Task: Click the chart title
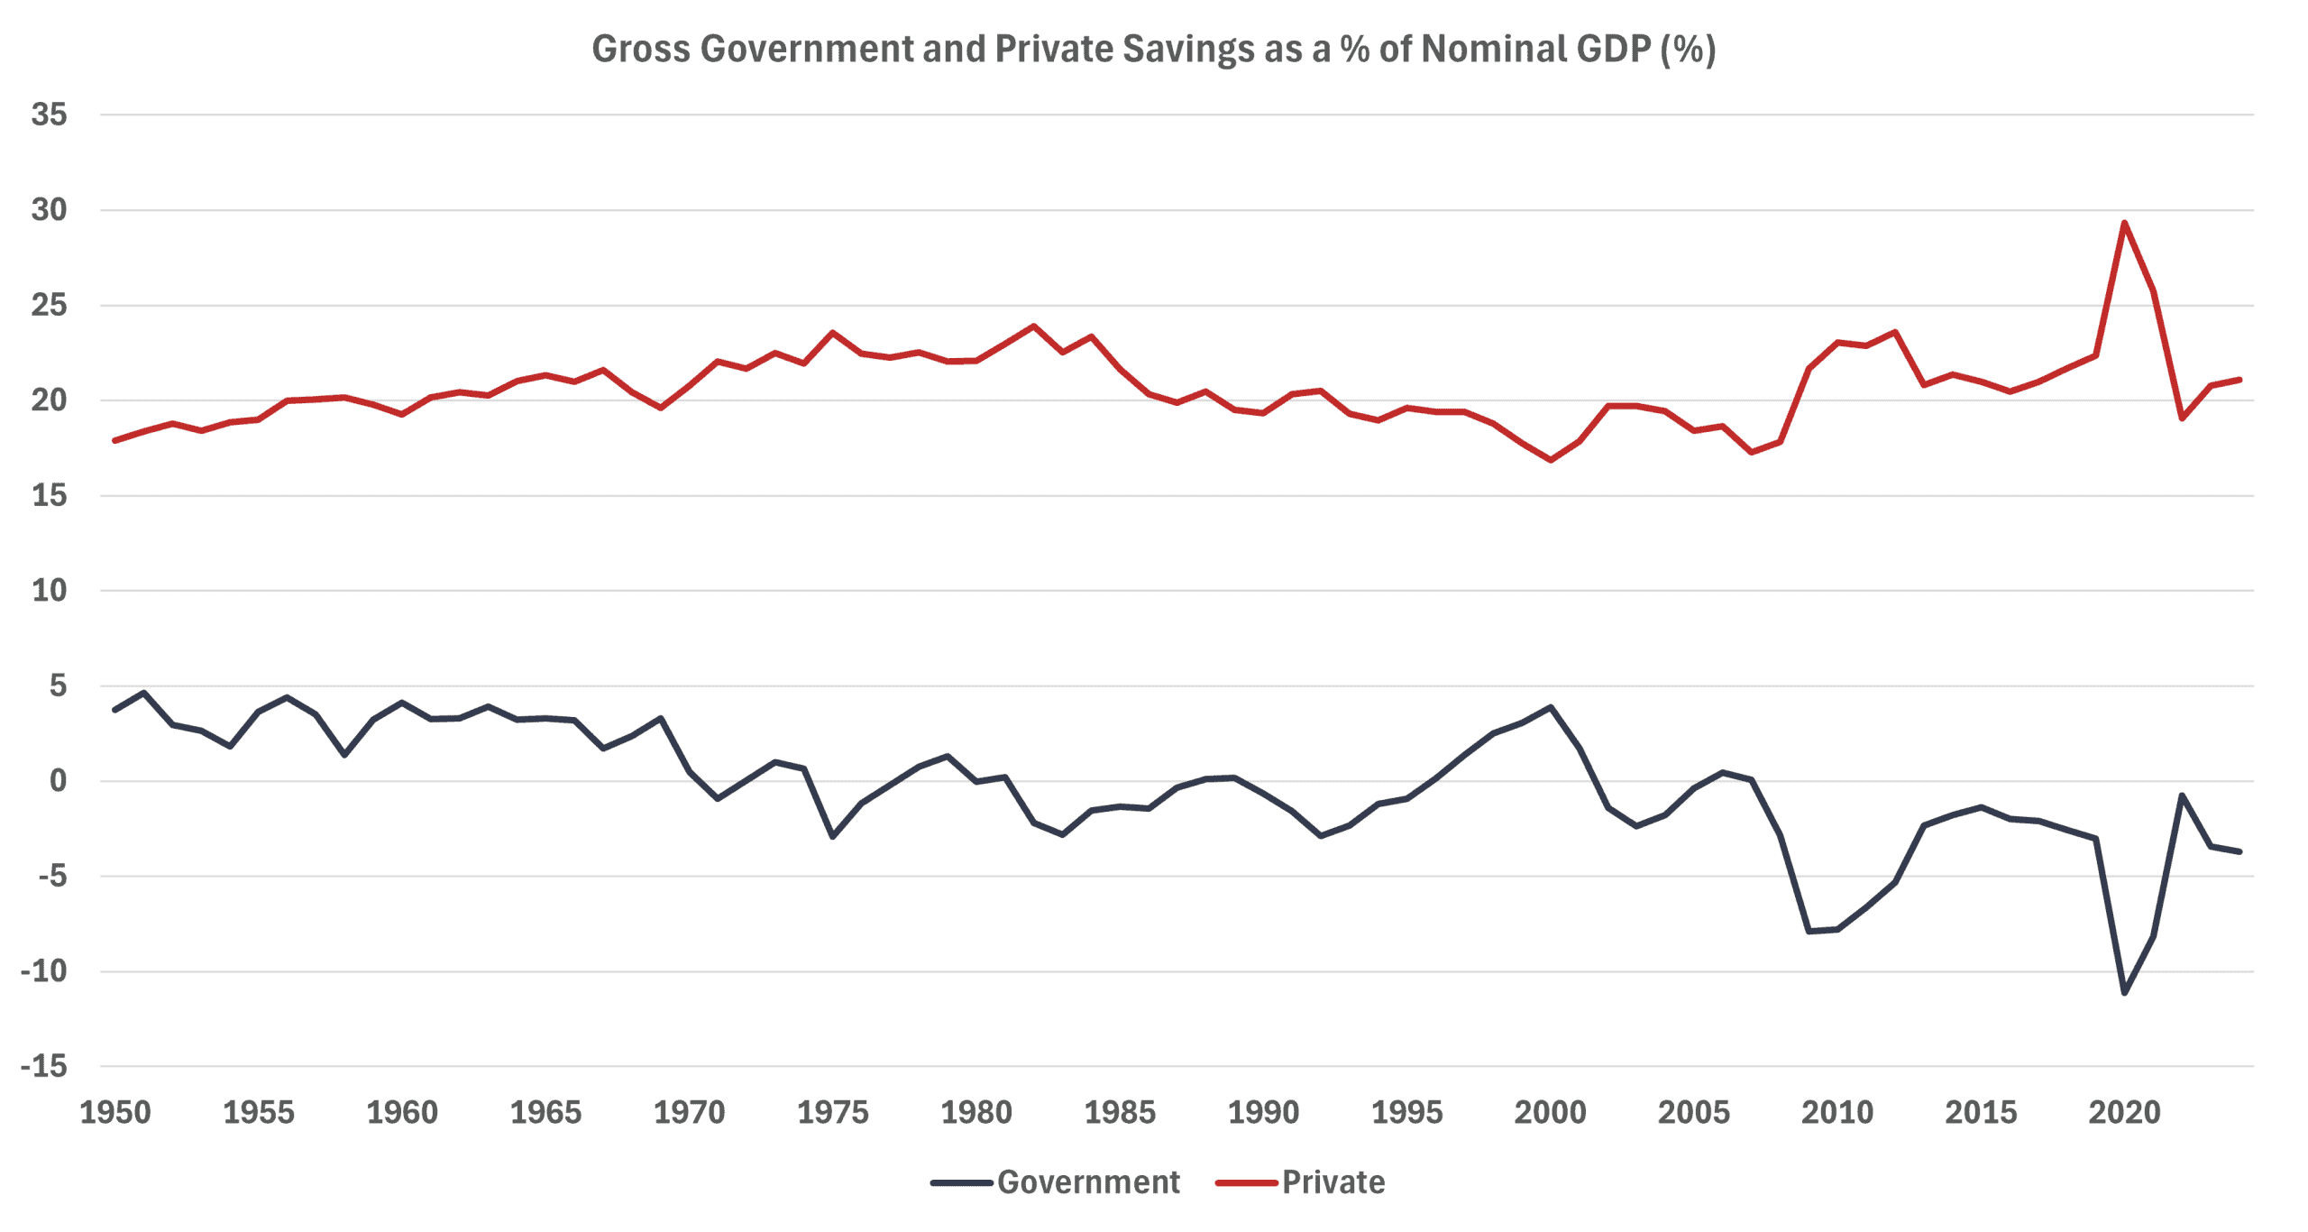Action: pyautogui.click(x=1153, y=49)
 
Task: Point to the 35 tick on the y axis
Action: pyautogui.click(x=49, y=115)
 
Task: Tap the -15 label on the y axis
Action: pyautogui.click(x=44, y=1066)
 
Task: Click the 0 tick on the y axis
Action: pyautogui.click(x=58, y=781)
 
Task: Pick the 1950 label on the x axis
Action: pyautogui.click(x=115, y=1112)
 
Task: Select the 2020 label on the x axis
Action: pyautogui.click(x=2124, y=1112)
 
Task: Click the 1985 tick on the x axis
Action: pyautogui.click(x=1120, y=1112)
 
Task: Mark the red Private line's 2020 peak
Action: pyautogui.click(x=2124, y=223)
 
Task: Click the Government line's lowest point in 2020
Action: pyautogui.click(x=2125, y=993)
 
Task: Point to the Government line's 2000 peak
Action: pyautogui.click(x=1551, y=707)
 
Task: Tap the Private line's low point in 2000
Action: pyautogui.click(x=1551, y=460)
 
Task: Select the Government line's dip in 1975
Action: pyautogui.click(x=832, y=837)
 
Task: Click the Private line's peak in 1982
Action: pyautogui.click(x=1034, y=326)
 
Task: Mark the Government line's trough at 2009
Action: pyautogui.click(x=1809, y=931)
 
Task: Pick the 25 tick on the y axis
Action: pyautogui.click(x=49, y=305)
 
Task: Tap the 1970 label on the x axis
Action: pyautogui.click(x=689, y=1112)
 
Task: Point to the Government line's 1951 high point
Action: pyautogui.click(x=143, y=693)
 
